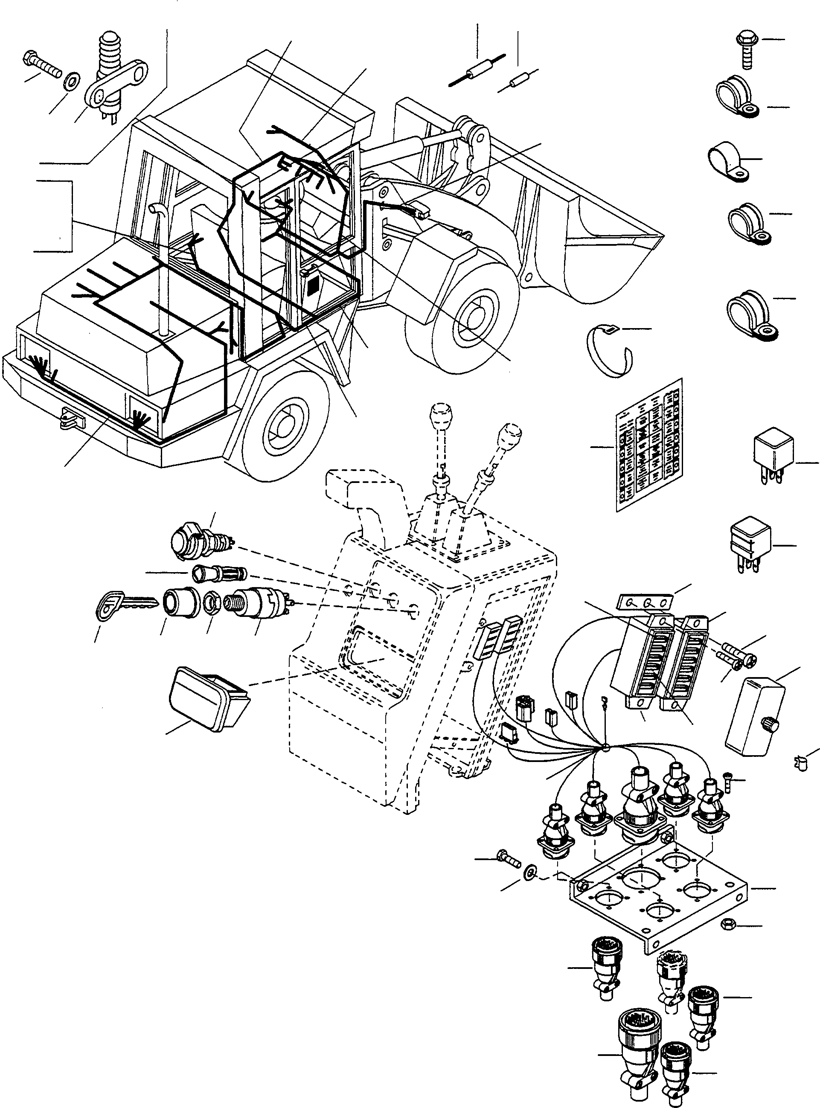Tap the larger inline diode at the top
(477, 70)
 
